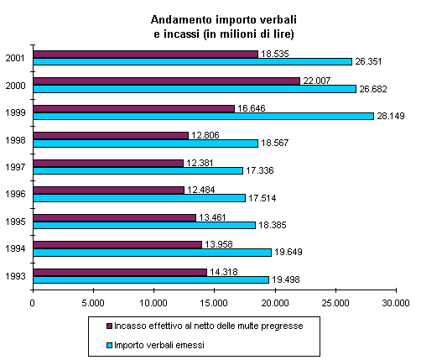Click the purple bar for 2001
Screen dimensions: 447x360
(x=146, y=55)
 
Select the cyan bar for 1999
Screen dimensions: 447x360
(x=204, y=116)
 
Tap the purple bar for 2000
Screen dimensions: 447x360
(x=167, y=81)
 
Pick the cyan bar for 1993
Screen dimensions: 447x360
(x=151, y=279)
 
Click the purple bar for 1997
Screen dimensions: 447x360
(x=108, y=163)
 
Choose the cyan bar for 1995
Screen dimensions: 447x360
(x=144, y=226)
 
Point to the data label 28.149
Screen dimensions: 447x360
(x=391, y=116)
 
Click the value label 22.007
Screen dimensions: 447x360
(x=317, y=81)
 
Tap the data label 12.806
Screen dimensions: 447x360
(x=205, y=135)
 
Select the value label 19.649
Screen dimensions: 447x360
(x=288, y=253)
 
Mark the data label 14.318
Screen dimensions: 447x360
(x=224, y=272)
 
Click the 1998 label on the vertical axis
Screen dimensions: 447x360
(x=15, y=140)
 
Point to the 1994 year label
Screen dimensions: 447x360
(x=15, y=248)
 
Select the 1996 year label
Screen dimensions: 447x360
(x=15, y=194)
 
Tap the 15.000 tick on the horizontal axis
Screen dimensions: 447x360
(x=214, y=303)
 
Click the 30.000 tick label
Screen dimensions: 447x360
(x=396, y=303)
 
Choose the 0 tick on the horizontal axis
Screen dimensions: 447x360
(x=32, y=303)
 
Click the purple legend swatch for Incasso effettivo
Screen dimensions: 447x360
(x=110, y=326)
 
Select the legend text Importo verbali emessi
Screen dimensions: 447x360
(x=159, y=346)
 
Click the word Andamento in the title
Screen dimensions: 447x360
(x=182, y=20)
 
